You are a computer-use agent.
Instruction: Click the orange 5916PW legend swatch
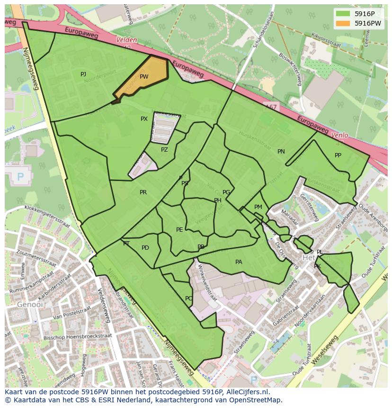point(344,23)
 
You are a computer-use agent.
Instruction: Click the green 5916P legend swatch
point(344,14)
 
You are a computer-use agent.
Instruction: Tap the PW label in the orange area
point(144,77)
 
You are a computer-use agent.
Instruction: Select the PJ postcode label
point(83,74)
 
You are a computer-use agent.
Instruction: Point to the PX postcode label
point(144,119)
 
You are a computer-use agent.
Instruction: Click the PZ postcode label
point(164,150)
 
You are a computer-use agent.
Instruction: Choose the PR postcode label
point(143,192)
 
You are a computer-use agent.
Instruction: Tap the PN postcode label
point(281,152)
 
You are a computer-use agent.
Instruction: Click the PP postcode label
point(338,155)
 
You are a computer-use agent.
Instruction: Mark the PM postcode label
point(258,207)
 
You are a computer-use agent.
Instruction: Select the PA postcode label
point(239,262)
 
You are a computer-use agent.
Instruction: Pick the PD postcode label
point(145,248)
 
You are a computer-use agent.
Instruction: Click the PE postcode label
point(179,230)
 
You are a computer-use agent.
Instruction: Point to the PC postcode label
point(188,299)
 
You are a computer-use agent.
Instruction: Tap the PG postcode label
point(226,192)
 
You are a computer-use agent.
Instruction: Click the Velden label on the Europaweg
point(127,40)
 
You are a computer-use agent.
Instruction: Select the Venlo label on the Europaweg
point(339,135)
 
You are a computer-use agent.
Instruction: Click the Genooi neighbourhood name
point(27,304)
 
